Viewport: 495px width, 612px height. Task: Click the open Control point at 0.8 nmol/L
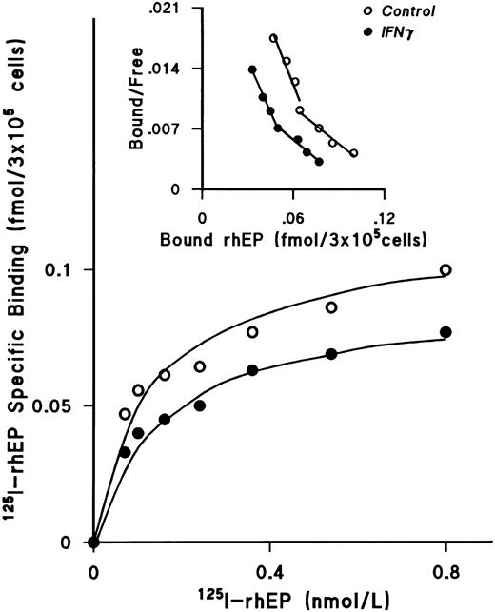pyautogui.click(x=445, y=270)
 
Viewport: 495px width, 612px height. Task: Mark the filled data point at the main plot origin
pyautogui.click(x=93, y=543)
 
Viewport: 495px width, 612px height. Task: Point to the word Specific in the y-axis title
pyautogui.click(x=23, y=338)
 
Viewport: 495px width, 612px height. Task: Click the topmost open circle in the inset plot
pyautogui.click(x=274, y=39)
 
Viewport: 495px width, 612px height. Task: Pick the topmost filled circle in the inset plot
pyautogui.click(x=253, y=69)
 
